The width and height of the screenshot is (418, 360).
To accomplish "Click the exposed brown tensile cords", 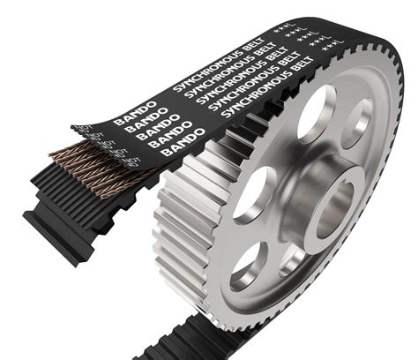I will click(x=79, y=159).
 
